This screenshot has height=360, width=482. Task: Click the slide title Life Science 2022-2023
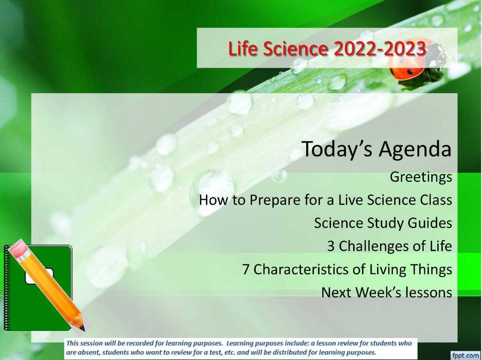[x=327, y=49]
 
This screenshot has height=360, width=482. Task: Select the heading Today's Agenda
[x=376, y=149]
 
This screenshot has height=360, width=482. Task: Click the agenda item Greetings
[x=421, y=177]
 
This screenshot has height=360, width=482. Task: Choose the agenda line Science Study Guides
[x=383, y=223]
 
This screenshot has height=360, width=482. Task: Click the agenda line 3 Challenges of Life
[x=389, y=246]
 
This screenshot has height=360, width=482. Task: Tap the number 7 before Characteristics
[x=246, y=269]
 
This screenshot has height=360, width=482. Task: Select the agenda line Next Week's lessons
[x=386, y=292]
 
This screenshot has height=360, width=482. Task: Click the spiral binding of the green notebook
[x=6, y=286]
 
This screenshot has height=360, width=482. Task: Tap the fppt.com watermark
[x=465, y=355]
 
